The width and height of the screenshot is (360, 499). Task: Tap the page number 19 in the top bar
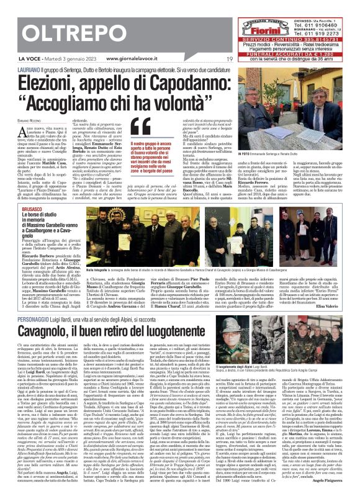[x=230, y=60]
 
